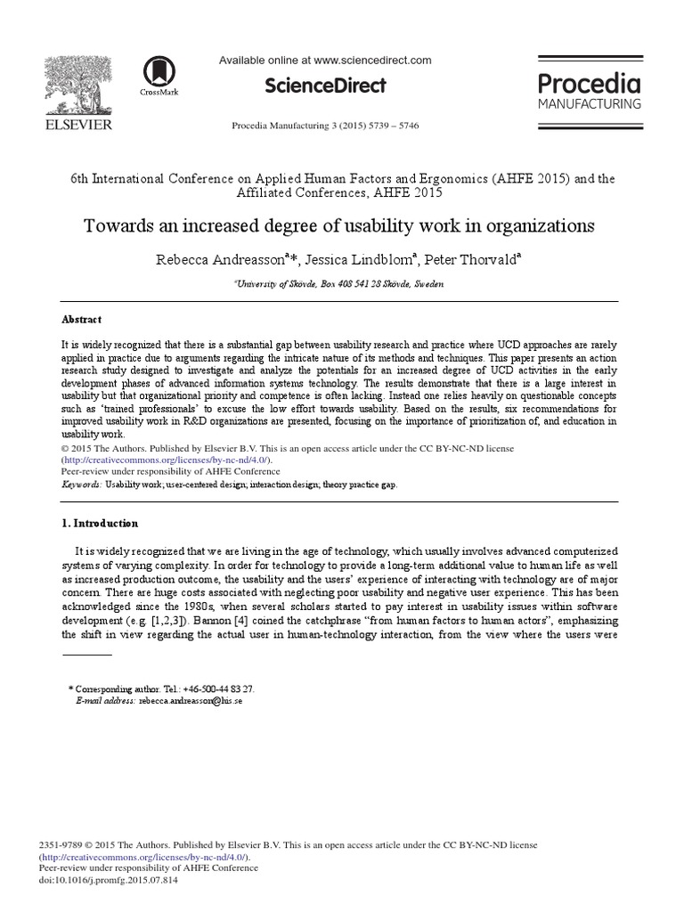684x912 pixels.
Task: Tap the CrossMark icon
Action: [159, 72]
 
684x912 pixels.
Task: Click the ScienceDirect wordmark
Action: [325, 85]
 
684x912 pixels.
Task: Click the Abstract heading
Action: [81, 319]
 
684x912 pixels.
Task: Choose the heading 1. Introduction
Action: [100, 523]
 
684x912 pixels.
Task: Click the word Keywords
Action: [80, 484]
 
